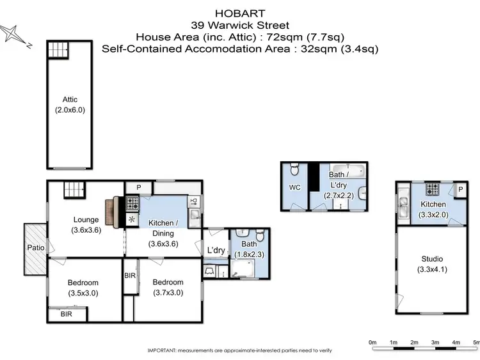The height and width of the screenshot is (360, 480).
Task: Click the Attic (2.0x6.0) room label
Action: (x=70, y=104)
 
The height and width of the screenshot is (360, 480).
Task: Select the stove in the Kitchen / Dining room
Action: (x=134, y=204)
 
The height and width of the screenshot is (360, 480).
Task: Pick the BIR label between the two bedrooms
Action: (x=130, y=276)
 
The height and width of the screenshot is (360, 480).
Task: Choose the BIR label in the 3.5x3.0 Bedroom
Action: (x=67, y=315)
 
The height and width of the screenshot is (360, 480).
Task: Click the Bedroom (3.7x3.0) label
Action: (x=168, y=286)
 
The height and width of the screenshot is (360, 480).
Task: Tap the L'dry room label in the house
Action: (x=216, y=250)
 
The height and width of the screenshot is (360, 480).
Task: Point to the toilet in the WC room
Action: (x=294, y=171)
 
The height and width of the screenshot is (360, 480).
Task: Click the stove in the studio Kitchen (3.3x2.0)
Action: (x=433, y=189)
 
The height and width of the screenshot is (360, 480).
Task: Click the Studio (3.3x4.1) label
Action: (x=432, y=263)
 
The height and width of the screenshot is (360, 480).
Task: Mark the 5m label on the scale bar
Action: (x=476, y=343)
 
